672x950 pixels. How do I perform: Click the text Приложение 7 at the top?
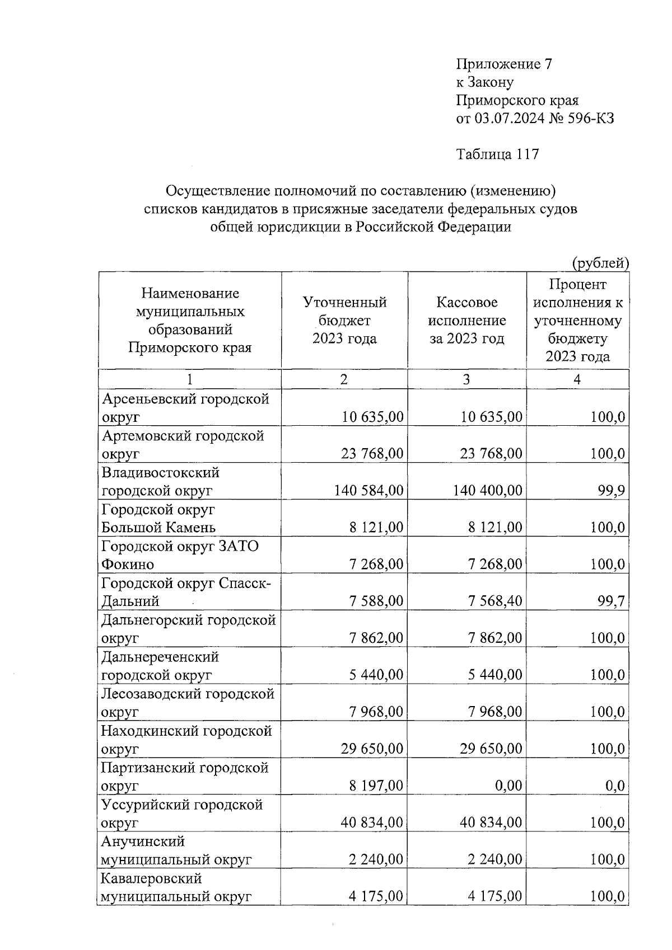point(504,64)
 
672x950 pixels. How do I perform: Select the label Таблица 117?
point(497,154)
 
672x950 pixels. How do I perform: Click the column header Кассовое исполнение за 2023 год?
point(466,321)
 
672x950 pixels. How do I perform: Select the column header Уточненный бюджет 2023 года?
point(344,321)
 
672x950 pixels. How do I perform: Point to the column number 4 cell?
point(577,379)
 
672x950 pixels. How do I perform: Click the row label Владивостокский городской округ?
point(161,482)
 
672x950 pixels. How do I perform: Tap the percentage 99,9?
point(614,491)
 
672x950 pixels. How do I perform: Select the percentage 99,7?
point(614,601)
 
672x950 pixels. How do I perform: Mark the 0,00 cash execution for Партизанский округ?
point(508,786)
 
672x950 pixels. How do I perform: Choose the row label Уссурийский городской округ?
point(181,813)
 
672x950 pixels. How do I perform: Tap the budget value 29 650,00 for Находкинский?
point(372,749)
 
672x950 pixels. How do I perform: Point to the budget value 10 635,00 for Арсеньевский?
point(372,417)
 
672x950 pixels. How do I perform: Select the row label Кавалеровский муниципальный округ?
point(175,887)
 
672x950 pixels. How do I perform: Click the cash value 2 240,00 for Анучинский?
point(495,860)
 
